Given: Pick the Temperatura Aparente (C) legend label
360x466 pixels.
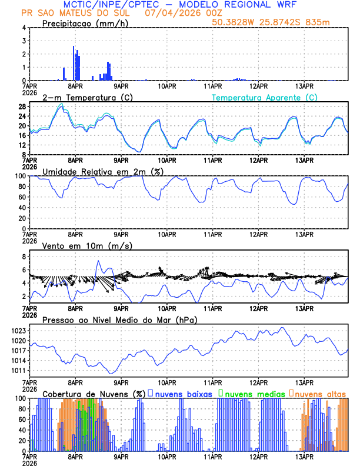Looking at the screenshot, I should pos(264,97).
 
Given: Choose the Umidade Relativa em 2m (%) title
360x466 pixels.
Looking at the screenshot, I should pos(101,171).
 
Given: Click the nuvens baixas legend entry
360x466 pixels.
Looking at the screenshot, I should pos(184,394).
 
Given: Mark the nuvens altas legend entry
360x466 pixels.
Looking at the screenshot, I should pos(319,394).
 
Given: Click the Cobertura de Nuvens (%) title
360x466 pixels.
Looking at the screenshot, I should pos(94,394).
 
